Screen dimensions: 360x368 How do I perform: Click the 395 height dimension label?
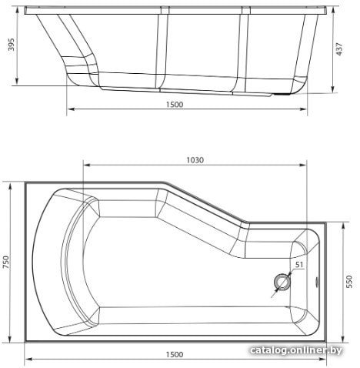12,45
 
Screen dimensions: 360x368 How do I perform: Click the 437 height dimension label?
339,49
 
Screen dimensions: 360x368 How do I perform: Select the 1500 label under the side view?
175,105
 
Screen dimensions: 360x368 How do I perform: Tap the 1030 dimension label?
195,160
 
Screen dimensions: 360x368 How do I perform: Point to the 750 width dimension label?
5,262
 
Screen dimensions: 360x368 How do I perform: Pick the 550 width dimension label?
349,282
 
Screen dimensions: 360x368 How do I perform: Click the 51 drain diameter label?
299,265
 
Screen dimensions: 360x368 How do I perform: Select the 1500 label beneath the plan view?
175,354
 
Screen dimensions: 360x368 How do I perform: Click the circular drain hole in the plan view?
282,282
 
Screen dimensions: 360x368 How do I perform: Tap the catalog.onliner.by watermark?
296,350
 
